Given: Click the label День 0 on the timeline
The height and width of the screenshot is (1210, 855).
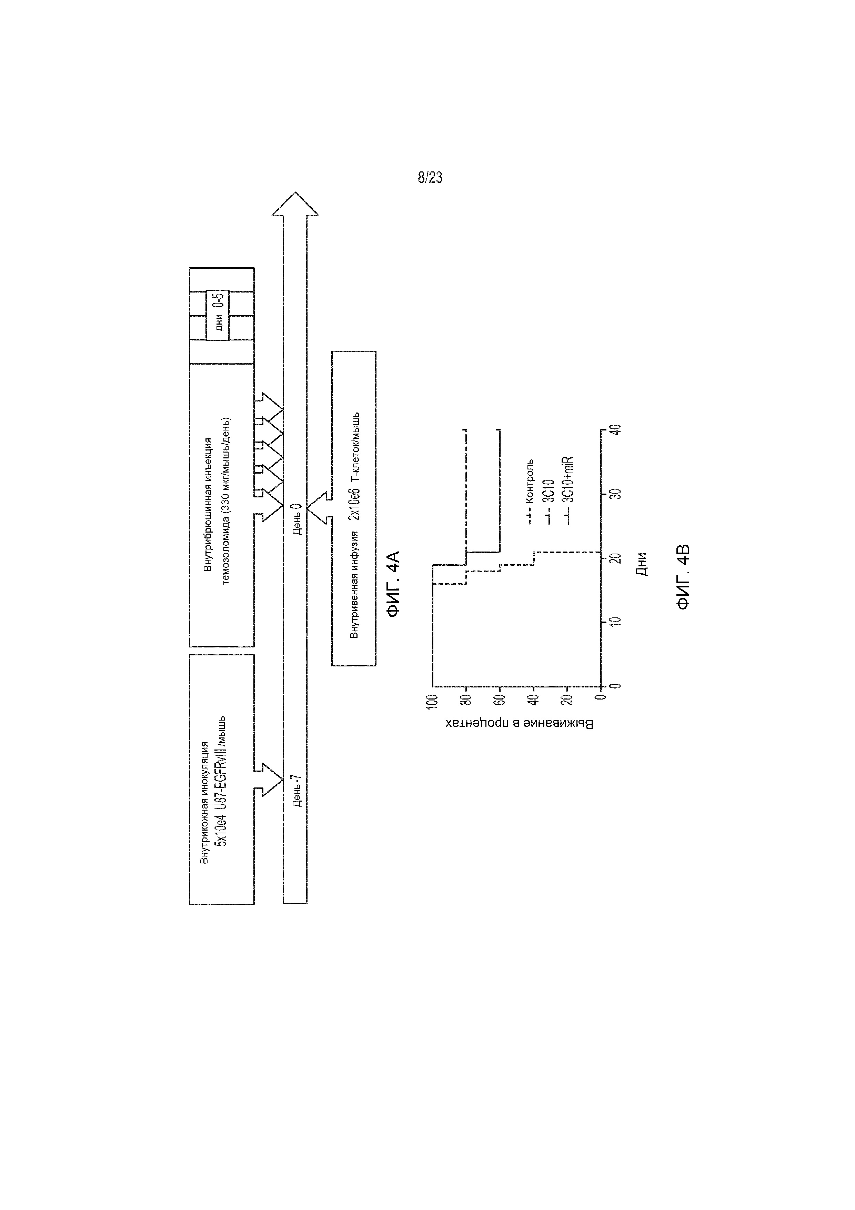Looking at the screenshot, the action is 296,519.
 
